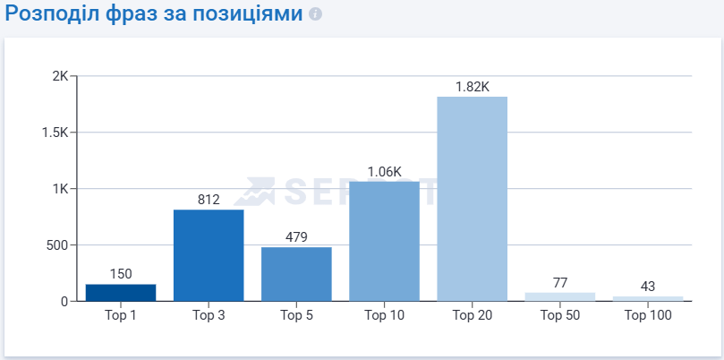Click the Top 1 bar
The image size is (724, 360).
point(121,293)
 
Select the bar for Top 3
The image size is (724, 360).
point(209,255)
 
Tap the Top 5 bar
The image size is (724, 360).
point(296,274)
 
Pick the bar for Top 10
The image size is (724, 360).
point(384,241)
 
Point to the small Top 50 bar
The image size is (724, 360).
point(560,296)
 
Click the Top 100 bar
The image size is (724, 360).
point(648,298)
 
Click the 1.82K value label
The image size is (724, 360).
point(472,87)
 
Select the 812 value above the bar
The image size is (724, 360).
point(209,200)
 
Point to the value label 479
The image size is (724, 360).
point(296,237)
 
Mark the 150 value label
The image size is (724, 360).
point(121,274)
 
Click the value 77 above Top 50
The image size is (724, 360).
point(560,283)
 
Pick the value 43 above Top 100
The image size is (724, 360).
point(648,287)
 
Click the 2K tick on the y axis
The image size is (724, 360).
point(60,76)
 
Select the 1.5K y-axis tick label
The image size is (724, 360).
point(55,133)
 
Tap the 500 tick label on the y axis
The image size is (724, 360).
point(57,245)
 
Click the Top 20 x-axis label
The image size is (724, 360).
point(472,315)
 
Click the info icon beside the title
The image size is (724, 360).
point(314,15)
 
